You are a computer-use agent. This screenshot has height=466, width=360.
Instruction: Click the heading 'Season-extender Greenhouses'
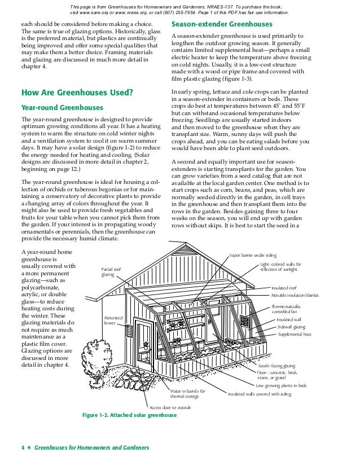(221, 25)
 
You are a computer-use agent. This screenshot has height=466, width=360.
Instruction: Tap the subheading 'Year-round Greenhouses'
(62, 107)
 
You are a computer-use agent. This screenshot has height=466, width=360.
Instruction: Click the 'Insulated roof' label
(284, 288)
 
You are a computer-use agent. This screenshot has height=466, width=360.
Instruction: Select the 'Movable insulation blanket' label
(298, 295)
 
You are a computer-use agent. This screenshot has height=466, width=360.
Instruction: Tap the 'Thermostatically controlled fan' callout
(286, 309)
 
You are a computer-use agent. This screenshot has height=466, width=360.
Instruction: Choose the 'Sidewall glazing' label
(291, 327)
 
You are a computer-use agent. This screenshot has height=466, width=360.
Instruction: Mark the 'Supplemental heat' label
(294, 335)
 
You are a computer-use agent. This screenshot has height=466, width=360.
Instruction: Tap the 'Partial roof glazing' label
(111, 272)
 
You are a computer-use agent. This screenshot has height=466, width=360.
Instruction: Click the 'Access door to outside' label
(170, 407)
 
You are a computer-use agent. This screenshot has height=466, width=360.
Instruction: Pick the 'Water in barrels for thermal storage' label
(188, 394)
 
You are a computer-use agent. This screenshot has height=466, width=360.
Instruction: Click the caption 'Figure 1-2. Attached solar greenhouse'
(129, 416)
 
